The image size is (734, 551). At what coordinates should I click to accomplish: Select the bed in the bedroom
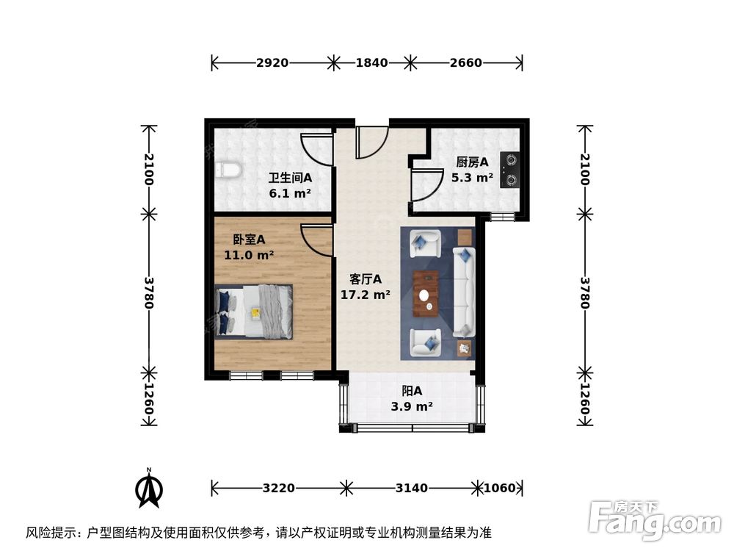pyautogui.click(x=255, y=311)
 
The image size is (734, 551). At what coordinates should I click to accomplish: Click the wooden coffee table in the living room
pyautogui.click(x=426, y=293)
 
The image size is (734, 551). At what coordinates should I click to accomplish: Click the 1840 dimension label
pyautogui.click(x=371, y=63)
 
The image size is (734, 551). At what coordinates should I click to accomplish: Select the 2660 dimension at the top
pyautogui.click(x=465, y=63)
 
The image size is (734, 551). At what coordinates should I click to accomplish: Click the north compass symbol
pyautogui.click(x=150, y=488)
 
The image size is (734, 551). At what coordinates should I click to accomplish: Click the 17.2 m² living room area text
pyautogui.click(x=365, y=295)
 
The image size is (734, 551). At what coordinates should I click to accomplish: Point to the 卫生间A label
pyautogui.click(x=290, y=178)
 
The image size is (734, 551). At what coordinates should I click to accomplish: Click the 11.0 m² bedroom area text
pyautogui.click(x=249, y=256)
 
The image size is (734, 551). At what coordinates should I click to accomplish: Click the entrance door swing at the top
pyautogui.click(x=371, y=143)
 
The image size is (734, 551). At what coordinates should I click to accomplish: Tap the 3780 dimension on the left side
pyautogui.click(x=149, y=292)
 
